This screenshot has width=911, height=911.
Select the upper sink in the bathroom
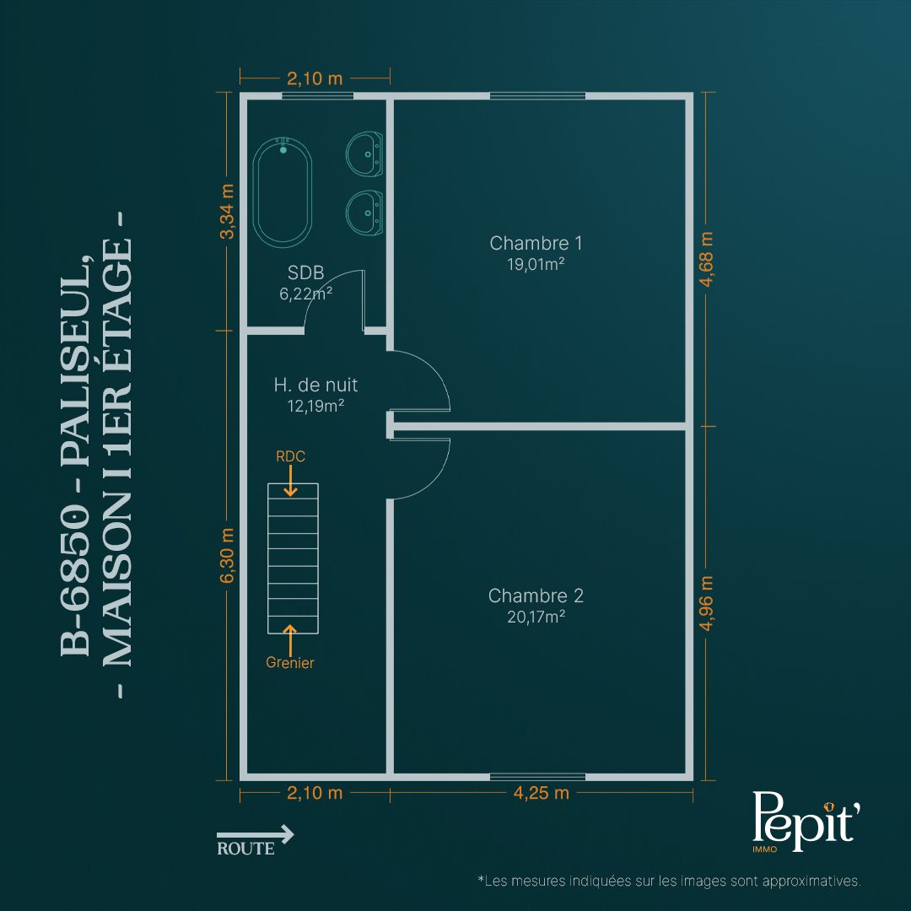point(364,154)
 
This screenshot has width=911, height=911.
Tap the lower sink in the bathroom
point(364,213)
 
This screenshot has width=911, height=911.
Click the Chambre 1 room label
point(536,243)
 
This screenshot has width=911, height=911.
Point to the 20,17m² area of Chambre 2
point(536,617)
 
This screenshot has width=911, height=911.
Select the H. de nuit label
point(315,385)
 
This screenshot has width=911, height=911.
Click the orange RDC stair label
point(290,456)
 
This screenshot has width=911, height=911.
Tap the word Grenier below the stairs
point(290,662)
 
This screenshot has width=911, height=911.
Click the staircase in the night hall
point(293,558)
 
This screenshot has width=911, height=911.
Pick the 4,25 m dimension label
point(541,793)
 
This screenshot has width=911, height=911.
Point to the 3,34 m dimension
point(227,212)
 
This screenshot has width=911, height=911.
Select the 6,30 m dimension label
point(227,555)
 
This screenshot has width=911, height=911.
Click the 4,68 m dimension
point(706,259)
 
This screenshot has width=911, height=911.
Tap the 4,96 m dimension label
point(706,603)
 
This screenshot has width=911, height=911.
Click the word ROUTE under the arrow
point(245,849)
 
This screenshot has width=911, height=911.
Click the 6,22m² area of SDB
point(305,294)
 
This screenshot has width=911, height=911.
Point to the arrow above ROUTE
point(256,834)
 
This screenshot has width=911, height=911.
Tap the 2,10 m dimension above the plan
point(315,78)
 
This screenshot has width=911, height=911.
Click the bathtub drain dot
point(283,150)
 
